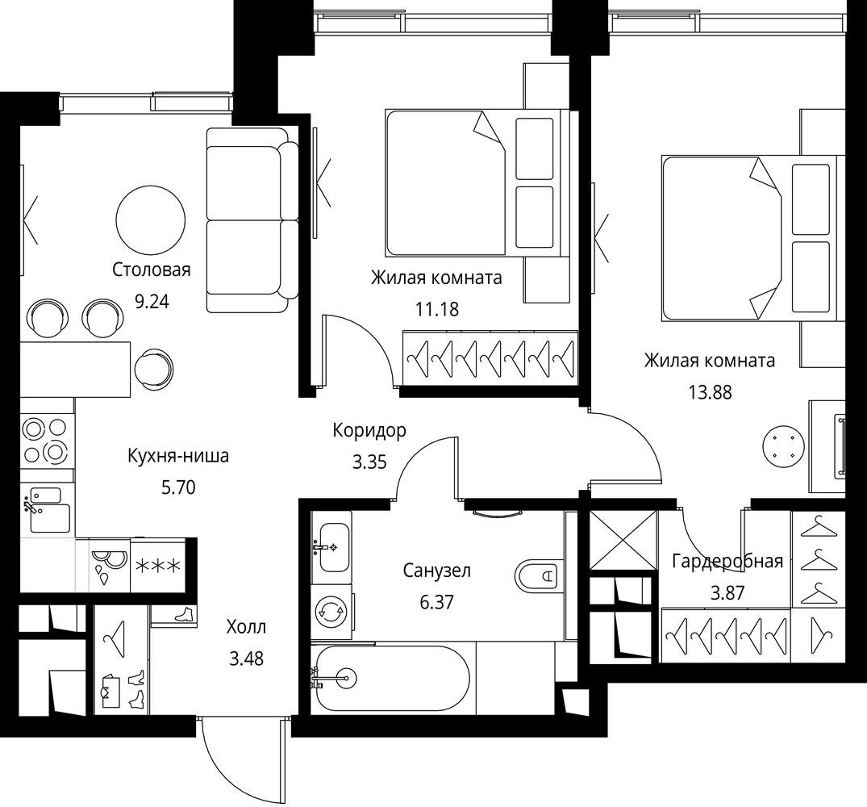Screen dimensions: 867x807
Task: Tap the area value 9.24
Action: pos(152,302)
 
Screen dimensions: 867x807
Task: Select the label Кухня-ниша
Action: pos(178,456)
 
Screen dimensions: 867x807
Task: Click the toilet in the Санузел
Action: pos(540,576)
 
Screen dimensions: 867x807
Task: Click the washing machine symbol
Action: pos(331,612)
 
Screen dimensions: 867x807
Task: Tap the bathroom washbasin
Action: pos(331,547)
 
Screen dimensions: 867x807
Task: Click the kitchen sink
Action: pos(47,509)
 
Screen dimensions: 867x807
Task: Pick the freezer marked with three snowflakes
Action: pos(158,565)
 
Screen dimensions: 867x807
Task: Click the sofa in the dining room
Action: pos(252,220)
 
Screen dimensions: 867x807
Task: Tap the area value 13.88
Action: pos(710,392)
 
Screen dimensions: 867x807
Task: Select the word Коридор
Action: pos(369,430)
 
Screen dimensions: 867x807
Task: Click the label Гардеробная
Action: pos(727,562)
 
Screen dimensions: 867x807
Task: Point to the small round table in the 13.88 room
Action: pos(782,445)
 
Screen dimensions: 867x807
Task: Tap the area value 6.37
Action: pos(437,602)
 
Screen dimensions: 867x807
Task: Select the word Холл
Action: pos(246,627)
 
